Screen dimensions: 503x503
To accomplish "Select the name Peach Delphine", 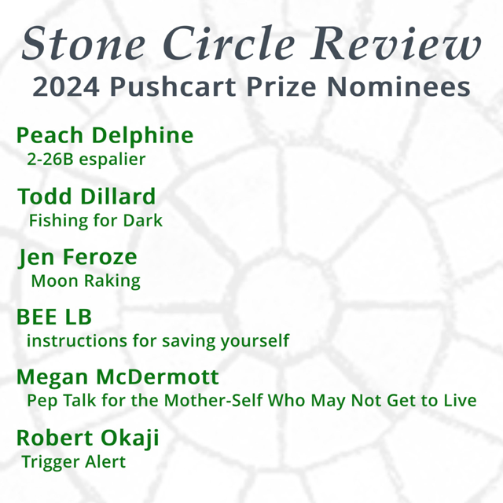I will click(105, 135).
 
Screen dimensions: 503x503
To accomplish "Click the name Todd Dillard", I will click(86, 196).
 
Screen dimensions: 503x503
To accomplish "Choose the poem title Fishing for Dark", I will click(95, 220).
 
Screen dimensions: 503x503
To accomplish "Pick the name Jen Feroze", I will click(77, 256).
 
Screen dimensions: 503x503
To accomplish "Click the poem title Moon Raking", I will click(86, 281).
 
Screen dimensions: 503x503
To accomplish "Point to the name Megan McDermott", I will click(118, 376).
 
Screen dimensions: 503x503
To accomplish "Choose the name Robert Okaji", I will click(87, 437).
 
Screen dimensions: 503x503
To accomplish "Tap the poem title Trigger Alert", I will click(74, 461).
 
